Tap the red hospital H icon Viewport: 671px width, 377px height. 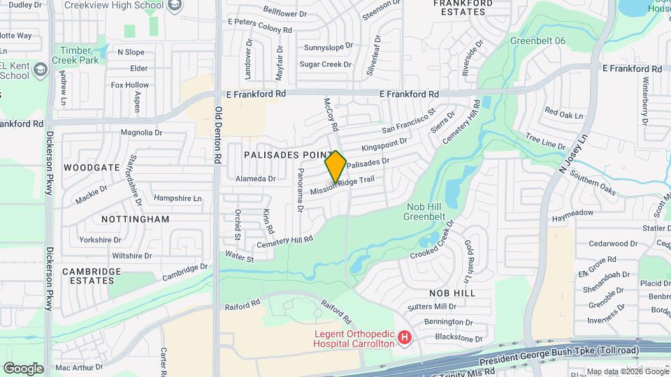pyautogui.click(x=404, y=339)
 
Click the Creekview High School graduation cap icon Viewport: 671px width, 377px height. pyautogui.click(x=173, y=6)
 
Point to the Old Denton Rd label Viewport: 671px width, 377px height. pyautogui.click(x=218, y=134)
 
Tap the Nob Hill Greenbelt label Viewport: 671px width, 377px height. pyautogui.click(x=425, y=211)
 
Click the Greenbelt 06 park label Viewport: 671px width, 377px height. pyautogui.click(x=537, y=40)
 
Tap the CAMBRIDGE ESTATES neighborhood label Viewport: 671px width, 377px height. pyautogui.click(x=92, y=275)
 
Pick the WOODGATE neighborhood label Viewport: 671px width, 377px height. pyautogui.click(x=92, y=168)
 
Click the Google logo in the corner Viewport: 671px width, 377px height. pyautogui.click(x=23, y=368)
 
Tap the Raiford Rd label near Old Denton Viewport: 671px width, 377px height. pyautogui.click(x=242, y=304)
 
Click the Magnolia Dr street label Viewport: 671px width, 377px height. pyautogui.click(x=141, y=132)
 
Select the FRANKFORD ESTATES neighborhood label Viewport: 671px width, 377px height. pyautogui.click(x=460, y=8)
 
